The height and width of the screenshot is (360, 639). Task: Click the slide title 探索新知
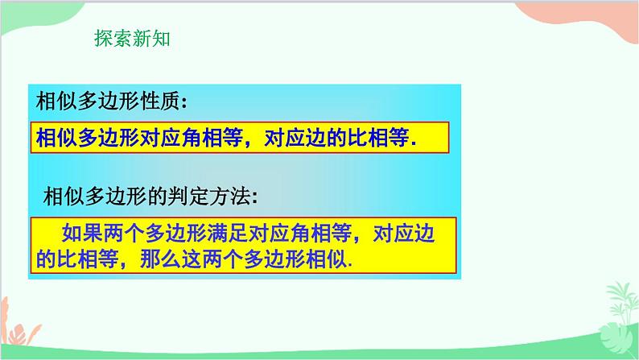pos(132,39)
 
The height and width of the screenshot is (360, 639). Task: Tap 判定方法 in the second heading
pos(221,197)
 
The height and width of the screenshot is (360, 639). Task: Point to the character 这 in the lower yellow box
pos(184,261)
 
